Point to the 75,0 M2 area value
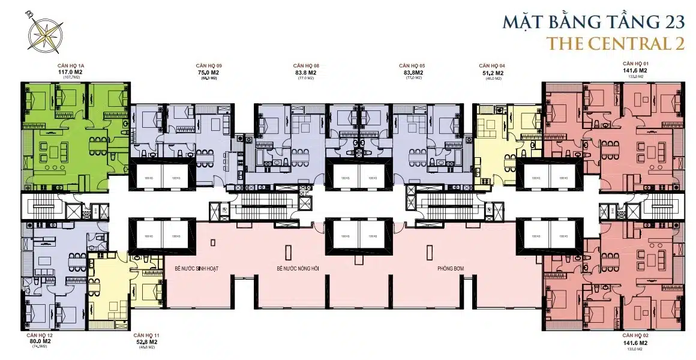(x=209, y=72)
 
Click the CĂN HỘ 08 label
(x=305, y=65)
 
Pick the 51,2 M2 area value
(x=491, y=73)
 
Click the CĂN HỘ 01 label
(x=636, y=63)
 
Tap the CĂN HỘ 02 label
(x=636, y=335)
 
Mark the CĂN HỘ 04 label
(x=491, y=65)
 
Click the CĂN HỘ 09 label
(x=209, y=65)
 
